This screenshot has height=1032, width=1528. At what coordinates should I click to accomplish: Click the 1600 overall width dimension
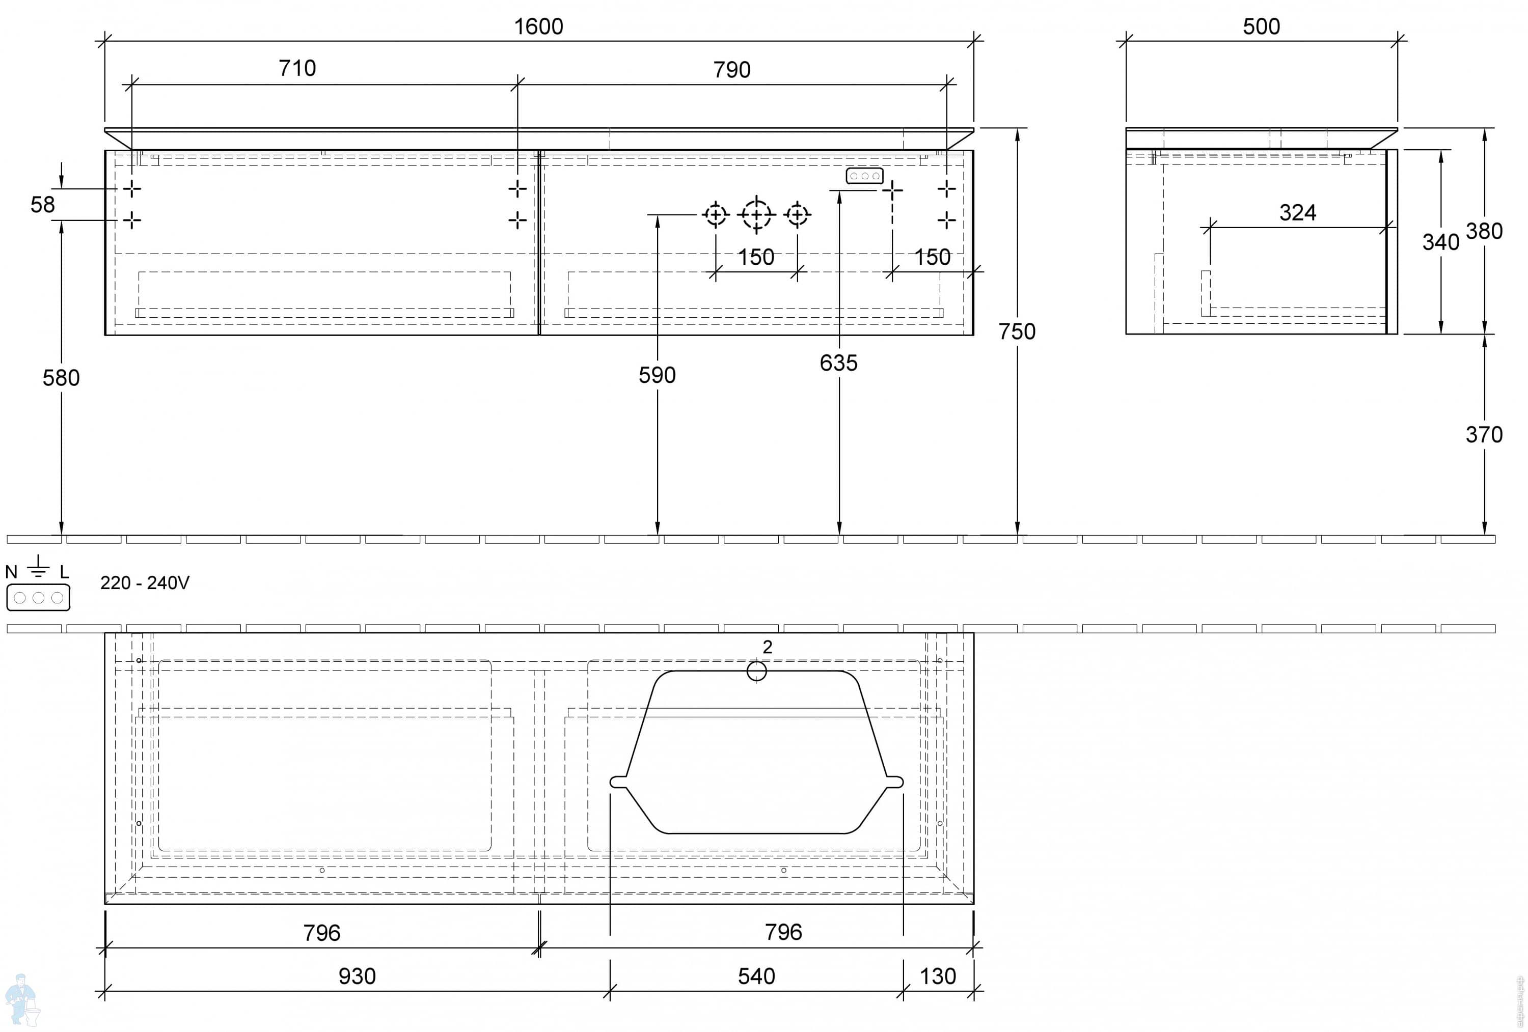(538, 27)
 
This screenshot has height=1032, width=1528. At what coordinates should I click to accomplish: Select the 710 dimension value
(297, 68)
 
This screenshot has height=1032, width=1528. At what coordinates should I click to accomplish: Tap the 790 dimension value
(732, 70)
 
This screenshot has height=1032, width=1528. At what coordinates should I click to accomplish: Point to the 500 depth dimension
(1261, 27)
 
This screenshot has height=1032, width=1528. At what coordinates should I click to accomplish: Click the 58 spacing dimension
(43, 205)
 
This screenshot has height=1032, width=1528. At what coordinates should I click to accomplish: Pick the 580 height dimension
(61, 378)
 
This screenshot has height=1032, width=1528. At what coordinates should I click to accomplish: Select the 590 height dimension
(657, 375)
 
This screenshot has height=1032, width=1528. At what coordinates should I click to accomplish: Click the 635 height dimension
(838, 363)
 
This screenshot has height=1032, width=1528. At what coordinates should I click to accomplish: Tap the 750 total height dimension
(1017, 332)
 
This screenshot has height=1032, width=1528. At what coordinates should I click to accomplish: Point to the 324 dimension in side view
(1297, 213)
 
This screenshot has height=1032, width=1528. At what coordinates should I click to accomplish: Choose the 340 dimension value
(1440, 242)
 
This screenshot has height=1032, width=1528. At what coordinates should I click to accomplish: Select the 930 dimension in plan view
(357, 976)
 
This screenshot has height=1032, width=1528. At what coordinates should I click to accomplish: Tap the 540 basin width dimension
(756, 976)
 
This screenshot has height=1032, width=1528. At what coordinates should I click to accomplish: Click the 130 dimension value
(938, 976)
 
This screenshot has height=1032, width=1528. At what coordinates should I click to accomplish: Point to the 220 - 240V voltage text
(145, 583)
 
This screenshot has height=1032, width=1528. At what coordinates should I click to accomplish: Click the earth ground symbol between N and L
(39, 566)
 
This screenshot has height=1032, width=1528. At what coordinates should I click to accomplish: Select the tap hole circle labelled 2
(756, 671)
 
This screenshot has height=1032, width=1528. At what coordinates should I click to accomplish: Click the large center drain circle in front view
(756, 214)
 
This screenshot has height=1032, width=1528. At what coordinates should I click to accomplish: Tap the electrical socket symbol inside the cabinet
(864, 176)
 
